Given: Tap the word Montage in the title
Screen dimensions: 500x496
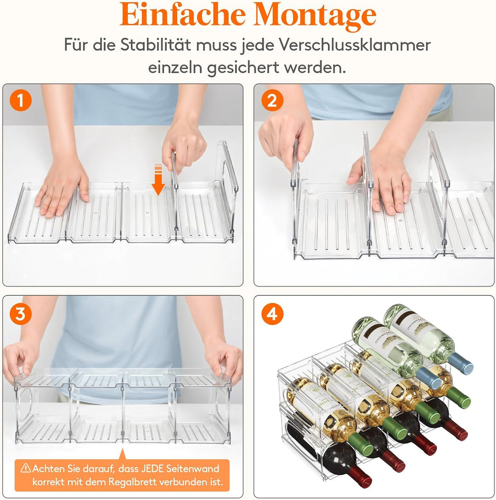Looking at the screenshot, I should coord(315,16).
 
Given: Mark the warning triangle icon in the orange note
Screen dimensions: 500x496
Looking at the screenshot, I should coord(26,469).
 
